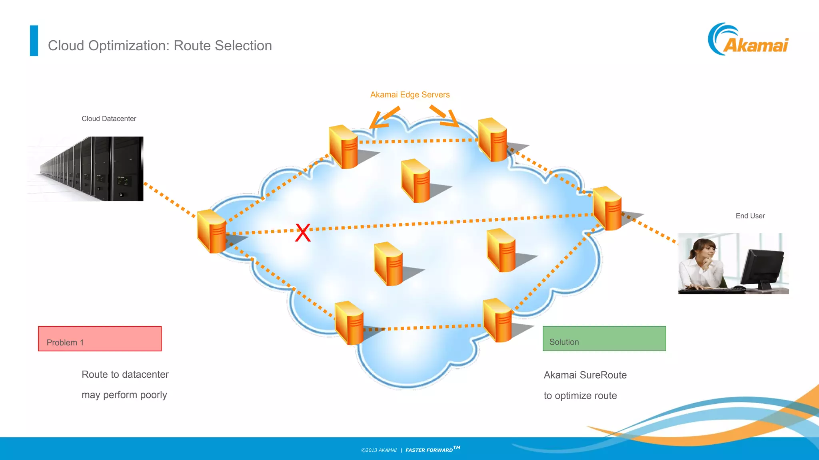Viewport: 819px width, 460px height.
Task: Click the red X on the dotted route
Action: [x=303, y=233]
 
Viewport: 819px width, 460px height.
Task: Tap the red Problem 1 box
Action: [x=100, y=339]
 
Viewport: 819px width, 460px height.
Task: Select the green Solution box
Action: [x=604, y=339]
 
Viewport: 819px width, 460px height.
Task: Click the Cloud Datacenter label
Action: [x=109, y=119]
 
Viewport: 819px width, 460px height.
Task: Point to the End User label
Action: [x=750, y=216]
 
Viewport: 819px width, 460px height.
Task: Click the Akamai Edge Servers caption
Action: [x=410, y=95]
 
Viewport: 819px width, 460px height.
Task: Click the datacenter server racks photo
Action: [x=86, y=169]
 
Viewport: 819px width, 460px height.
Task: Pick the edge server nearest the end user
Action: [x=607, y=208]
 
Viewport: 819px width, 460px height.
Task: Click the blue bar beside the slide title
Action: [x=34, y=41]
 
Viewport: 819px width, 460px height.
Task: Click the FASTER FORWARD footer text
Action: [x=429, y=450]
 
